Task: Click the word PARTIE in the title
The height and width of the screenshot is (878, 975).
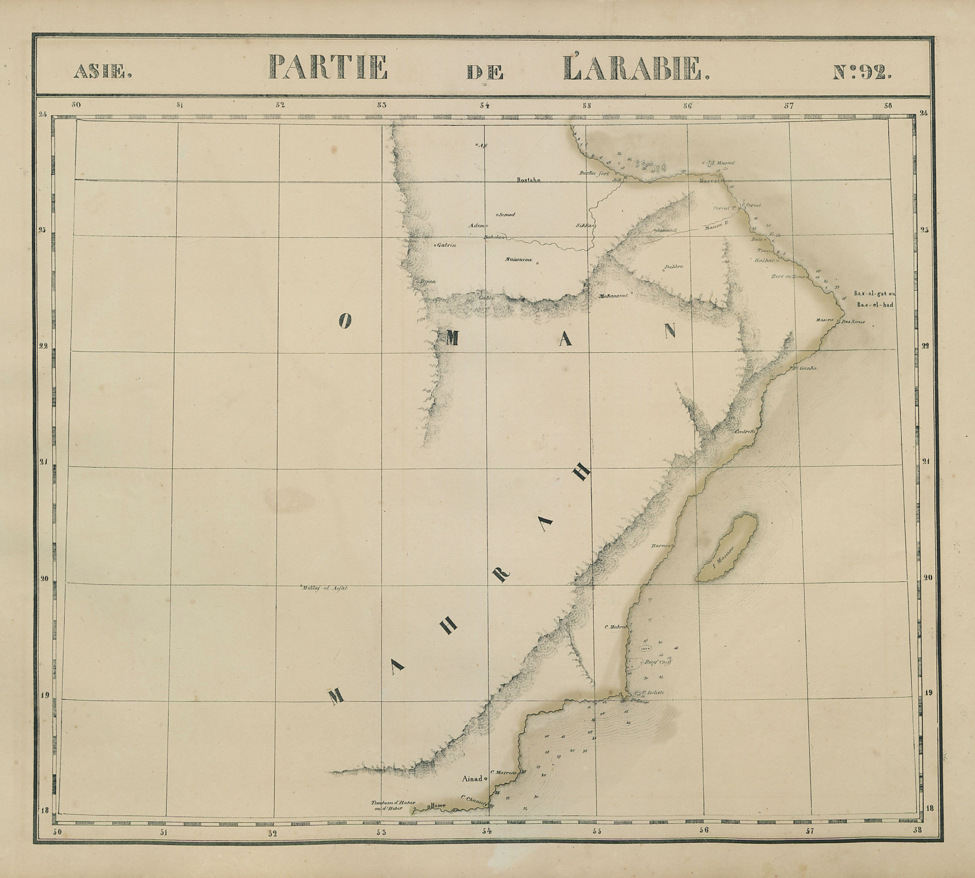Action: pos(328,68)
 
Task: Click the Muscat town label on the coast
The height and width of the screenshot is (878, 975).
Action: pos(709,181)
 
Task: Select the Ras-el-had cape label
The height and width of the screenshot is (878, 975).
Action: pos(875,305)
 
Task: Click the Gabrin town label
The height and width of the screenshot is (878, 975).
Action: pos(446,245)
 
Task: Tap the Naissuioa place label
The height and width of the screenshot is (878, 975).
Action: pos(518,260)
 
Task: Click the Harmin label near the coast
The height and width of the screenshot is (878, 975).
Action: pos(661,546)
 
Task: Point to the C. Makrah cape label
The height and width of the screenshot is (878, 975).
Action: pos(615,627)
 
